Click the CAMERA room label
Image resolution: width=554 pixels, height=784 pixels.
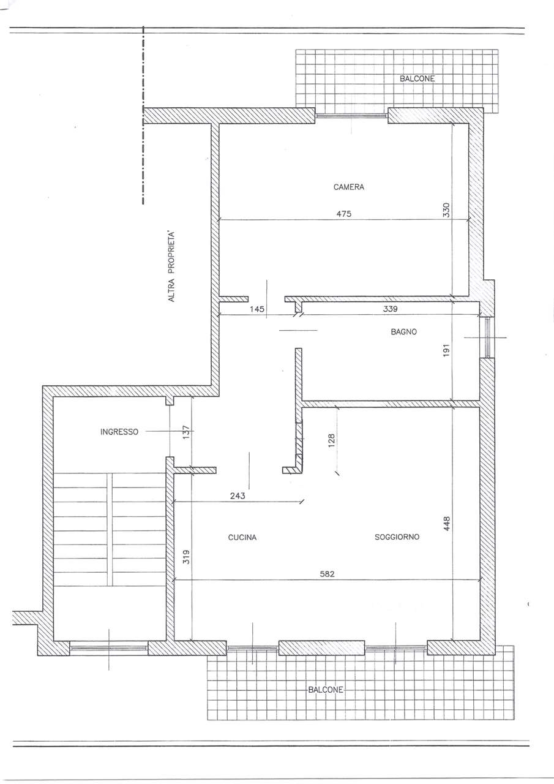click(349, 187)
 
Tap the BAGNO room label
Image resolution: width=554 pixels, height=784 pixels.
click(403, 332)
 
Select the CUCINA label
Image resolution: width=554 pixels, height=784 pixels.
click(242, 537)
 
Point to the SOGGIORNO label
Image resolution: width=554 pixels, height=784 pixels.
click(397, 537)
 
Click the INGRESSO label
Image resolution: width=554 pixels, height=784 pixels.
click(119, 432)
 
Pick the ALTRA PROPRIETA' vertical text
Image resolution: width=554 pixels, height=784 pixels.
click(171, 266)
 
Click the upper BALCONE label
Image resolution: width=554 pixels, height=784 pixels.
click(417, 79)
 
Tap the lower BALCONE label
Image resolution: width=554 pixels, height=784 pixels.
click(326, 690)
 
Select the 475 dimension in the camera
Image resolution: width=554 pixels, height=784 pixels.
click(344, 214)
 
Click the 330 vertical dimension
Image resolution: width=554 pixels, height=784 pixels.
click(446, 210)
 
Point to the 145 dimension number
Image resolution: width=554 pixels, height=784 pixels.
click(257, 309)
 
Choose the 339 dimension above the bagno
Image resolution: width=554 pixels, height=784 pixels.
click(391, 309)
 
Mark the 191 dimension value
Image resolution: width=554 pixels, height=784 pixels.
click(446, 350)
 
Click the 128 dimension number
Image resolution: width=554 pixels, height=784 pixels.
click(332, 440)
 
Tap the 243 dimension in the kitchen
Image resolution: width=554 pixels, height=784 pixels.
click(238, 496)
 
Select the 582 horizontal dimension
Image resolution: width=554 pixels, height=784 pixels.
click(328, 574)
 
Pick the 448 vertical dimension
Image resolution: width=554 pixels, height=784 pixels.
click(447, 524)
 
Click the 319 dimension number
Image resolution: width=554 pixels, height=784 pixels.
click(187, 557)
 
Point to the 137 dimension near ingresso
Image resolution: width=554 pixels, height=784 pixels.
click(186, 432)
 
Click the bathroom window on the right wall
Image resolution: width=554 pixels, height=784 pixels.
click(487, 337)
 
